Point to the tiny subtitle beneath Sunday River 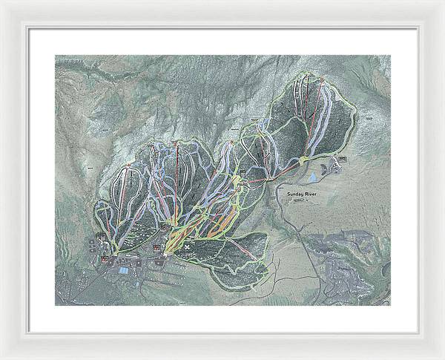point(301,200)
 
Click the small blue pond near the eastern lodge point(312,178)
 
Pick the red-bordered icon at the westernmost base point(105,259)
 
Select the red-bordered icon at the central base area point(156,248)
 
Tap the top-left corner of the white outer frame point(1,1)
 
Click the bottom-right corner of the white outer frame point(444,359)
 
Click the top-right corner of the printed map point(391,55)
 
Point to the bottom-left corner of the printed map point(55,305)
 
